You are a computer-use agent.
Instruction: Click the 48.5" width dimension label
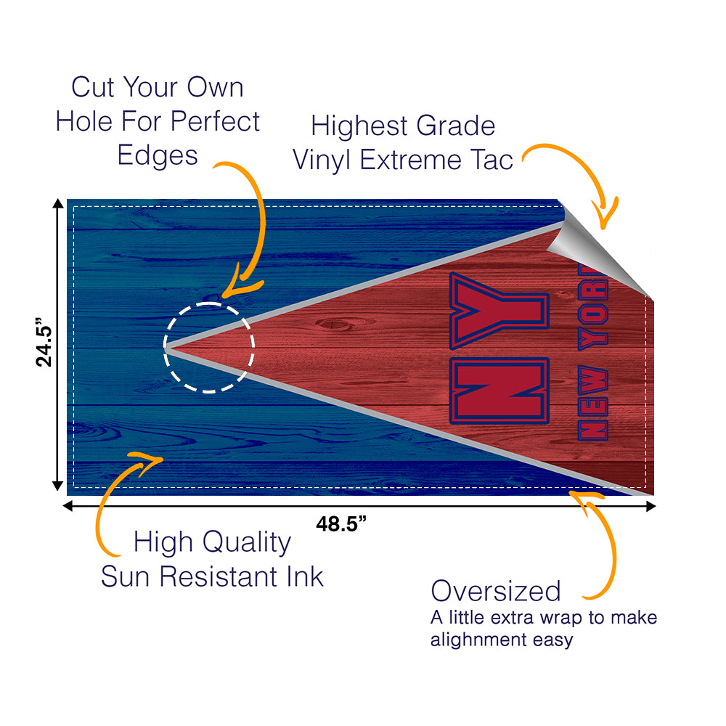click(x=340, y=524)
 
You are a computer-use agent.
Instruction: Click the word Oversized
click(x=496, y=591)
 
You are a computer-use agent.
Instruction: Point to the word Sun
click(x=127, y=576)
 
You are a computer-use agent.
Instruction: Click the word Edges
click(x=158, y=155)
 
